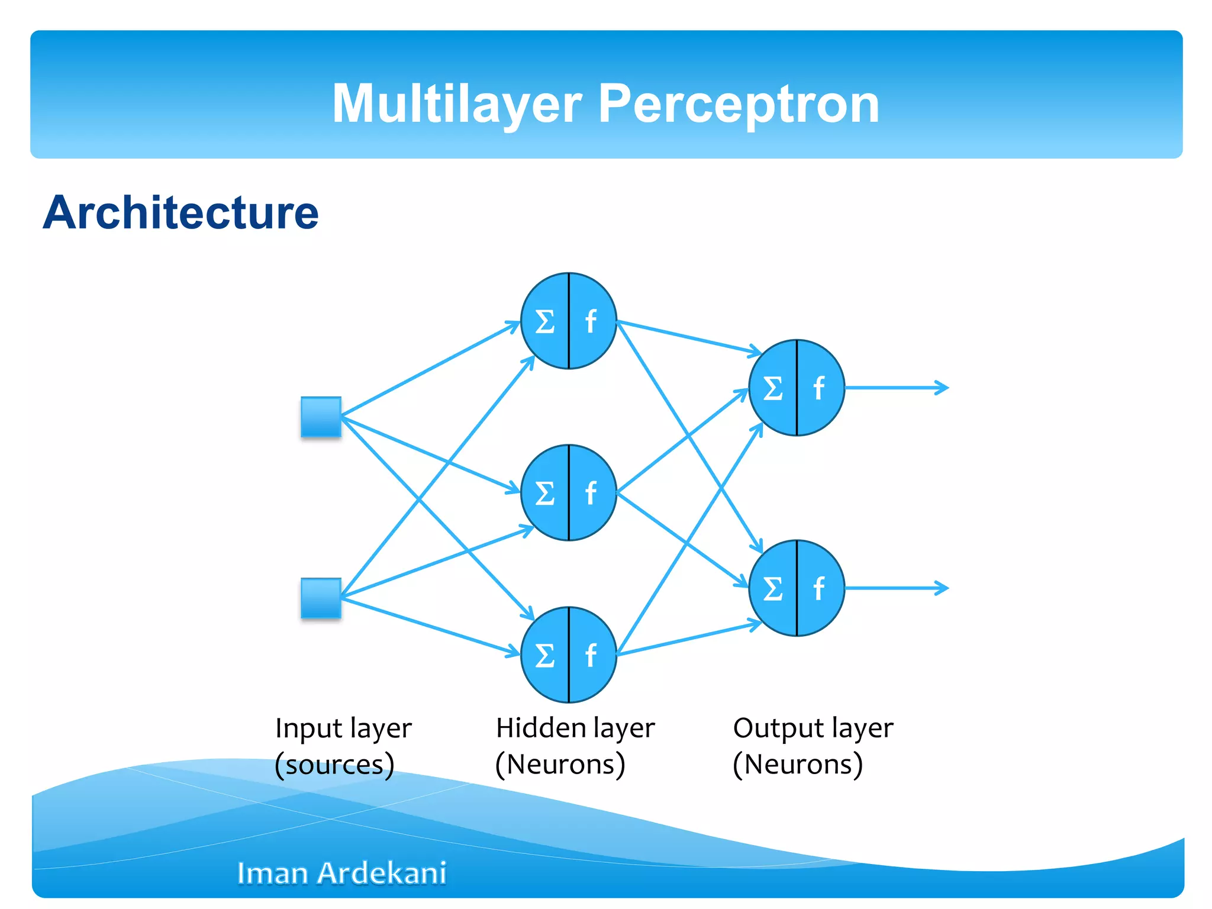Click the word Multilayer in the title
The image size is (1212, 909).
(457, 104)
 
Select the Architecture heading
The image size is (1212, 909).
(181, 212)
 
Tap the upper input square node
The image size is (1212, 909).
(321, 417)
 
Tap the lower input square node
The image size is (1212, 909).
(321, 598)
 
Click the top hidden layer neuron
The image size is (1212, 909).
(569, 321)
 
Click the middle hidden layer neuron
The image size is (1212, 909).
(569, 492)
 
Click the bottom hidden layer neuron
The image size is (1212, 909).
(569, 655)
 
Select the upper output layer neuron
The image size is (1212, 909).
(797, 388)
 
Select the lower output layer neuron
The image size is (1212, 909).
(797, 588)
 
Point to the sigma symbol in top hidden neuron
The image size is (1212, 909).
(544, 322)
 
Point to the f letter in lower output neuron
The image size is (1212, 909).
(819, 588)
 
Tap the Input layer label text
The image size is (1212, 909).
(343, 729)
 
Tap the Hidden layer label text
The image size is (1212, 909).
(575, 729)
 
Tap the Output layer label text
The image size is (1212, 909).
(813, 729)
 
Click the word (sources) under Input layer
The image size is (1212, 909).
(334, 765)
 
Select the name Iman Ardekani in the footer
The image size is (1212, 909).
(341, 873)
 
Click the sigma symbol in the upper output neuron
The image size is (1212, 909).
(772, 389)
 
